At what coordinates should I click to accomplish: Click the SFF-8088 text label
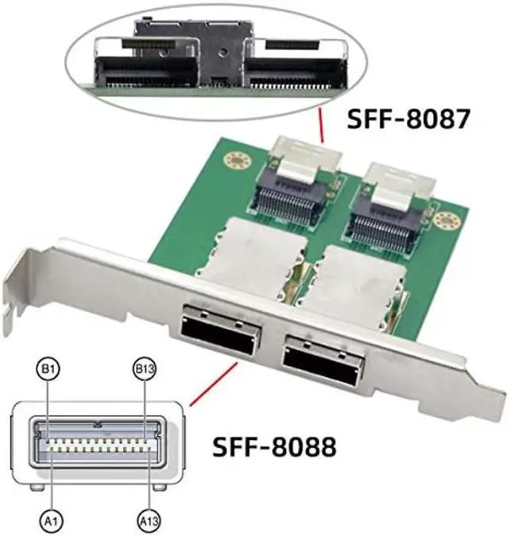tap(274, 446)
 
